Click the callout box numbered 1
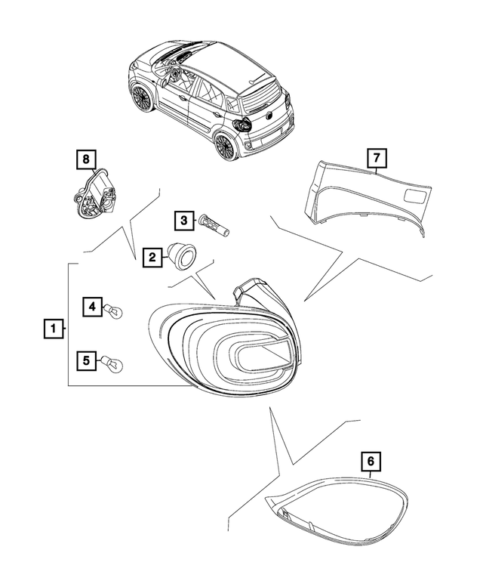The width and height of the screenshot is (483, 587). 52,329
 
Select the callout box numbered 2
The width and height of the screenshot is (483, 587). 151,258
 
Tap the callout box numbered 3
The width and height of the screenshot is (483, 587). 183,221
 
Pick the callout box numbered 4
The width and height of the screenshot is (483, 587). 91,306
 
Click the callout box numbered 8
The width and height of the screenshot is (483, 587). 85,159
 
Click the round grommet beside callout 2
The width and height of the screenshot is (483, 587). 181,255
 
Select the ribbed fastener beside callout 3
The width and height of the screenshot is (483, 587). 214,224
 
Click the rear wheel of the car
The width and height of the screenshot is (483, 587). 226,144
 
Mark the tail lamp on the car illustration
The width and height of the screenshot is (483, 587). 244,125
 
